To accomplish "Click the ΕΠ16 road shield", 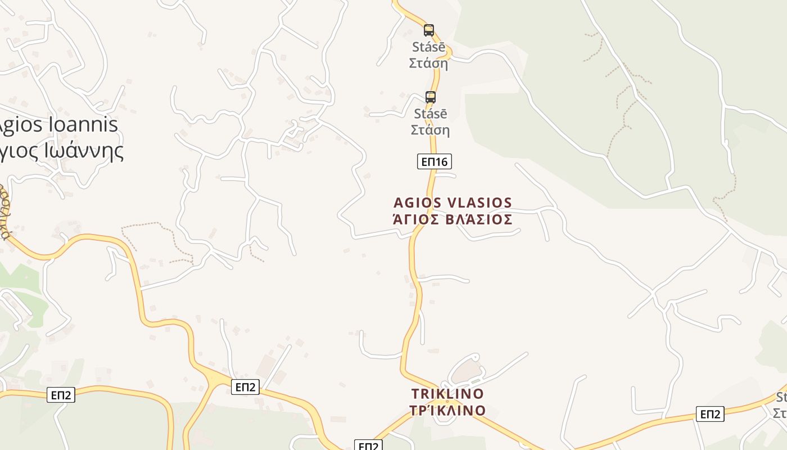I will pyautogui.click(x=435, y=162).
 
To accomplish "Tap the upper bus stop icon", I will pyautogui.click(x=429, y=30).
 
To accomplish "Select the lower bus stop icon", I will pyautogui.click(x=431, y=97).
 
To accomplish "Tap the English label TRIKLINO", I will pyautogui.click(x=447, y=394).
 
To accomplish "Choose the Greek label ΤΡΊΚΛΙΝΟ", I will pyautogui.click(x=447, y=411).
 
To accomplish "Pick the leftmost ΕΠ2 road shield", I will pyautogui.click(x=61, y=395).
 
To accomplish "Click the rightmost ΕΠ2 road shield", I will pyautogui.click(x=710, y=415).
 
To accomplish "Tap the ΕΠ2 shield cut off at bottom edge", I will pyautogui.click(x=368, y=445).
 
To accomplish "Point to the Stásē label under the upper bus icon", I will pyautogui.click(x=428, y=47).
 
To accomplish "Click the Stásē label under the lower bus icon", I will pyautogui.click(x=431, y=114).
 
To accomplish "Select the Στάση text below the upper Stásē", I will pyautogui.click(x=428, y=63).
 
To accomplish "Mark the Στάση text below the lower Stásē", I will pyautogui.click(x=430, y=130).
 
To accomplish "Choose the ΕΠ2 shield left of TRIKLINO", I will pyautogui.click(x=245, y=387).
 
